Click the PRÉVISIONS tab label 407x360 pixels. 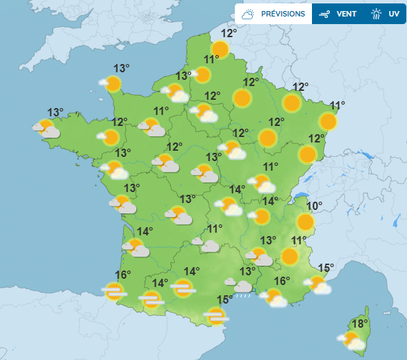click(282, 13)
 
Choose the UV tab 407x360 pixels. click(394, 13)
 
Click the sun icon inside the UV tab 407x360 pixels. click(376, 13)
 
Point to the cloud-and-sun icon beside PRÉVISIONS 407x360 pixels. click(249, 13)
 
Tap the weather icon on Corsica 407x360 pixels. click(352, 340)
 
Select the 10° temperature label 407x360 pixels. click(314, 206)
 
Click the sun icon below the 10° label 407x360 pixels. click(304, 222)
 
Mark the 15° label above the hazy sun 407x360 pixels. click(225, 299)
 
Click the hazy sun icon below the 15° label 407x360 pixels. click(216, 316)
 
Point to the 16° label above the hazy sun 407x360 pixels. click(123, 275)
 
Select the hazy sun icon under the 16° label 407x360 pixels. click(114, 291)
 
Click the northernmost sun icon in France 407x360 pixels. click(220, 49)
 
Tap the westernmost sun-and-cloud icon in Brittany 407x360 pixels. click(48, 129)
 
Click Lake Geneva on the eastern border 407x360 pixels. click(299, 198)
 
